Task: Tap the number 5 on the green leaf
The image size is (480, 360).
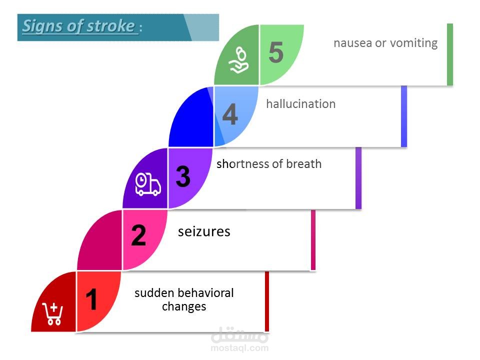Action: pyautogui.click(x=276, y=52)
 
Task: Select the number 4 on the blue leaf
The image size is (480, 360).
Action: pyautogui.click(x=230, y=114)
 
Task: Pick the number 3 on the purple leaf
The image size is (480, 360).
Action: pyautogui.click(x=183, y=176)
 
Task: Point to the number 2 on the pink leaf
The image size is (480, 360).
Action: pyautogui.click(x=138, y=235)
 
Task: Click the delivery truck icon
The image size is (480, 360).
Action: pyautogui.click(x=148, y=184)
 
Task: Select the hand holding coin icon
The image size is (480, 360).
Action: pyautogui.click(x=238, y=60)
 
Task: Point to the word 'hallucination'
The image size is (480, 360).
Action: pyautogui.click(x=301, y=104)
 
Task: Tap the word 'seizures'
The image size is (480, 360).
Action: pyautogui.click(x=204, y=231)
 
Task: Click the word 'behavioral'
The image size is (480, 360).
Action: pyautogui.click(x=205, y=293)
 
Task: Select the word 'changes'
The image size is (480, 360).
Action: pyautogui.click(x=184, y=306)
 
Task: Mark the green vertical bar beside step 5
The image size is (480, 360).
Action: pyautogui.click(x=449, y=54)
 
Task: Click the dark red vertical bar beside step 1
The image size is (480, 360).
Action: pyautogui.click(x=267, y=301)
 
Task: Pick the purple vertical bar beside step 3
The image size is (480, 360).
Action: pyautogui.click(x=358, y=178)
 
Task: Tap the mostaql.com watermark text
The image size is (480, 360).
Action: pyautogui.click(x=239, y=348)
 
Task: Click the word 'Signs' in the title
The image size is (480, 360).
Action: pyautogui.click(x=43, y=26)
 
